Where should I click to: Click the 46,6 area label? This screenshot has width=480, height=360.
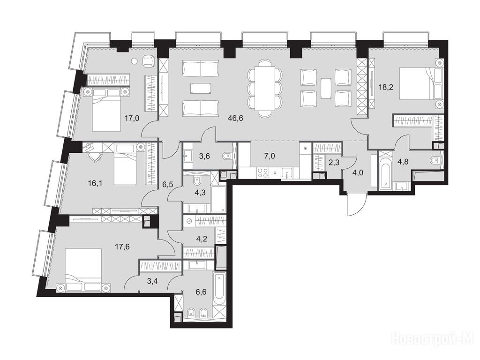click(236, 119)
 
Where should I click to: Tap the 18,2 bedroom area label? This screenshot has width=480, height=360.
click(385, 87)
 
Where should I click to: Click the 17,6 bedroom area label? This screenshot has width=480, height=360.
click(122, 247)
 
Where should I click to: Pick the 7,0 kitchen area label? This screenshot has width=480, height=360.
click(270, 156)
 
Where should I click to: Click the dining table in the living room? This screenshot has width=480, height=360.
click(265, 88)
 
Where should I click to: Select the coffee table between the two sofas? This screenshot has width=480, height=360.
click(201, 88)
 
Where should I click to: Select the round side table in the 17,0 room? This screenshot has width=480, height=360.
click(135, 61)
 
